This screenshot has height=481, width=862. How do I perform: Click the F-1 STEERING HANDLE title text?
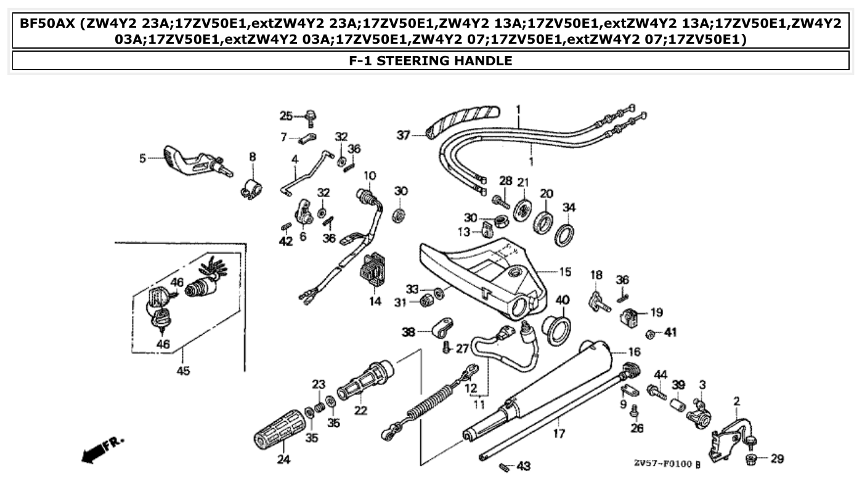(x=431, y=60)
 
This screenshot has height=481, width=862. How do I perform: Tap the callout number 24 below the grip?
(x=283, y=458)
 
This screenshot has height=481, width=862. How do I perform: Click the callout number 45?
(x=183, y=371)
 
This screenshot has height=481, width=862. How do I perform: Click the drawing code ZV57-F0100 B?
(x=667, y=463)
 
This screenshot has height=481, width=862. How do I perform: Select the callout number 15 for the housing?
(x=564, y=272)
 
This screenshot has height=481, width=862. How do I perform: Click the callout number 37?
(x=403, y=135)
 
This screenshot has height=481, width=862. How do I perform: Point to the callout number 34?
(x=569, y=207)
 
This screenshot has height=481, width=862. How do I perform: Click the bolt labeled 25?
(x=311, y=116)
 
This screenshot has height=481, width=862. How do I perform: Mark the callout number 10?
(x=369, y=176)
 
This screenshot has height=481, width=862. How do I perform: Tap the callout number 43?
(x=523, y=466)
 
